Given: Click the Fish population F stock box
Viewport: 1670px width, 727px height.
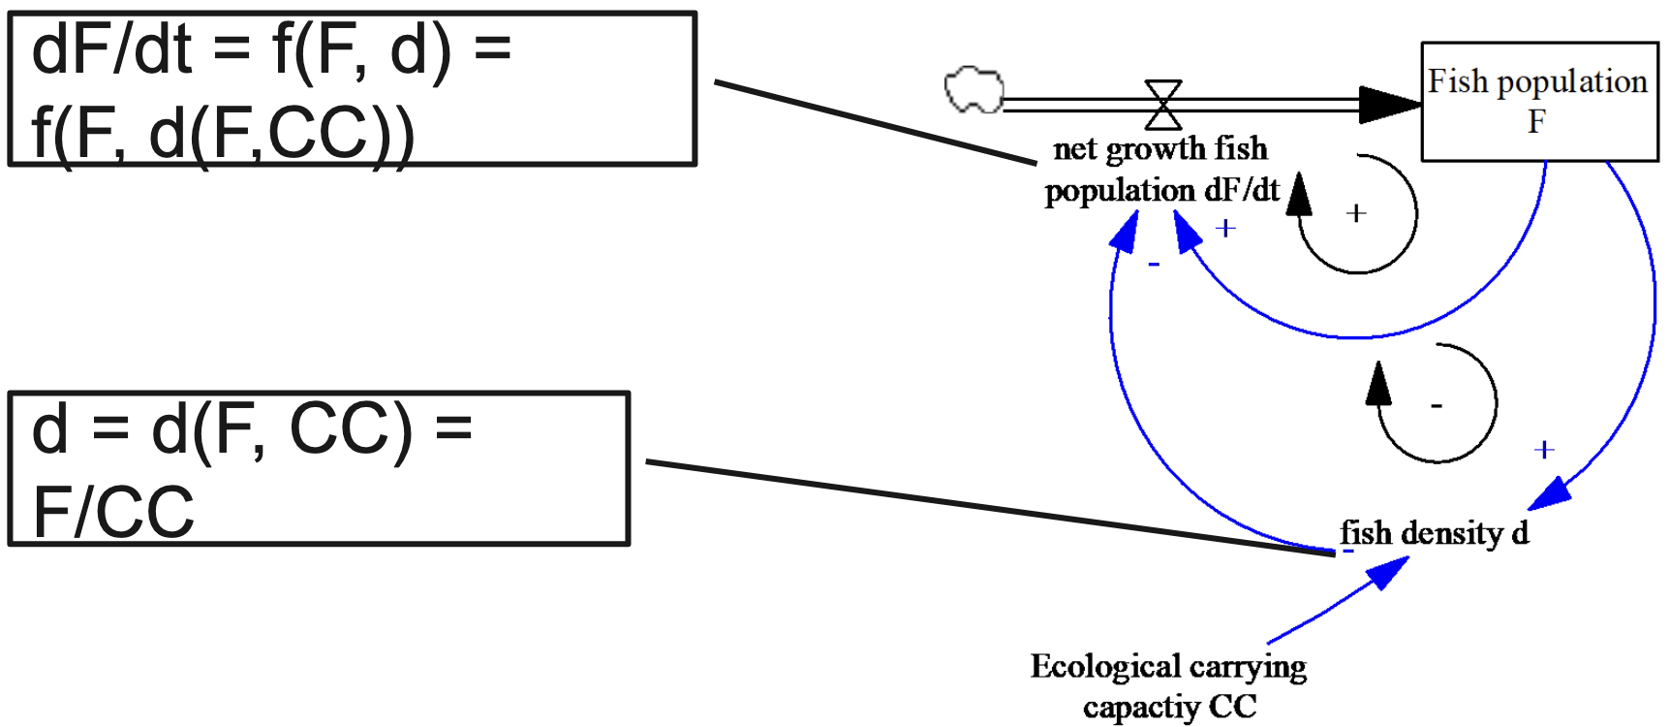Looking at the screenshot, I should coord(1538,101).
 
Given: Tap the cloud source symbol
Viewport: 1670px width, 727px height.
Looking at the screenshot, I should coord(974,90).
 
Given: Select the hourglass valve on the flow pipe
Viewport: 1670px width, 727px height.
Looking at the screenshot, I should coord(1163,105).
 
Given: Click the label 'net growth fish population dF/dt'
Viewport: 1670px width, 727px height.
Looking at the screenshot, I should coord(1160,170).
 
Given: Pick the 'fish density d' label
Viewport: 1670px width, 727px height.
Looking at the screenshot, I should coord(1434,533).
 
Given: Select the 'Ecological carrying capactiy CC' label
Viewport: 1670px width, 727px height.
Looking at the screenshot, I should coord(1168,686).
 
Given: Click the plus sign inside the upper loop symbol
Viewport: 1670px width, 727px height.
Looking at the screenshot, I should coord(1356,213).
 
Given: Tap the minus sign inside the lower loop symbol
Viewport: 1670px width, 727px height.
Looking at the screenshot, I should coord(1437,405).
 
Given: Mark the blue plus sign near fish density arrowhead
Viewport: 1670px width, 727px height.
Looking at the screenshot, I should coord(1544,450).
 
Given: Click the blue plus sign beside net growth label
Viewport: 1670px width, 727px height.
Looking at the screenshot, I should coord(1226,228).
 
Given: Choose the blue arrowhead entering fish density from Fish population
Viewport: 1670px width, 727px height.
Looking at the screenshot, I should coord(1550,493).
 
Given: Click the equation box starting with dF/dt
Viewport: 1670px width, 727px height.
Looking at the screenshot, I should coord(353,89).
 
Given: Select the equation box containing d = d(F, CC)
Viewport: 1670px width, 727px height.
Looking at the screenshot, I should coord(319,469).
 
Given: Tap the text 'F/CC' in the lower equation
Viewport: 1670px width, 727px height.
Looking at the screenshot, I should coord(113,512).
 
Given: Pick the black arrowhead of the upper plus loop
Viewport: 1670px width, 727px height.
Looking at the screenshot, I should coord(1299,194).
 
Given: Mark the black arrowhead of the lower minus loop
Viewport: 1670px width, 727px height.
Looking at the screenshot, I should coord(1377,384).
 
